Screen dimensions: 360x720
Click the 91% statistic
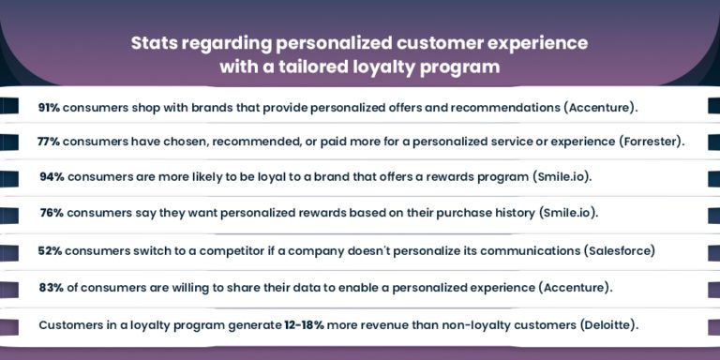(x=51, y=107)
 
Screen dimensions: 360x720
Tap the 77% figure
(x=50, y=142)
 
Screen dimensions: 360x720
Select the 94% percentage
(x=52, y=176)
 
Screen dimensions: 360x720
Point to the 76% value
(x=52, y=213)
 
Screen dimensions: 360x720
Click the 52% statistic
(x=51, y=250)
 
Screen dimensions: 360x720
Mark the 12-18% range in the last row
(x=307, y=324)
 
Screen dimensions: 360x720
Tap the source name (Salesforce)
(x=620, y=250)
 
